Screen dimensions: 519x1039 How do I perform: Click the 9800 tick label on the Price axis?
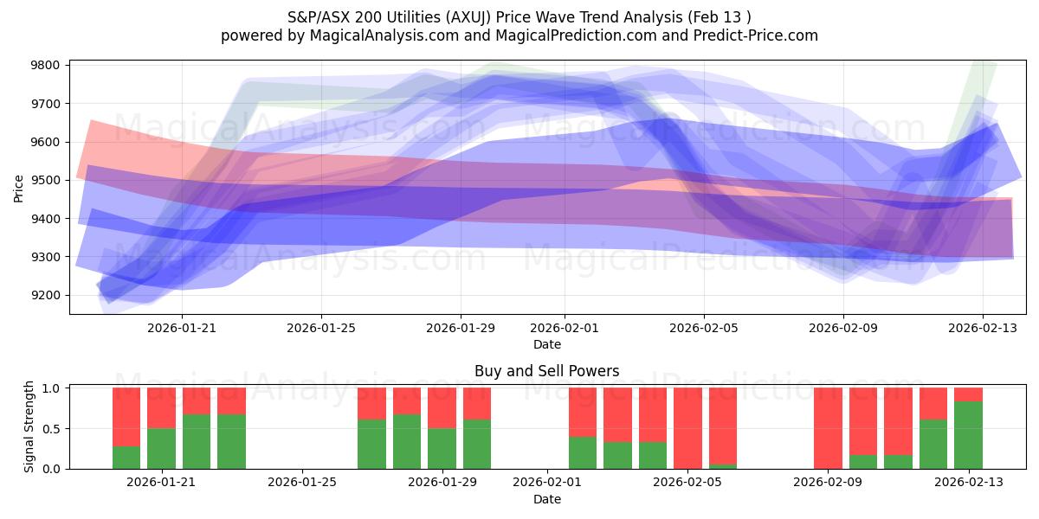point(45,66)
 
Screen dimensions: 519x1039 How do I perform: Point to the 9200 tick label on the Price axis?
point(45,296)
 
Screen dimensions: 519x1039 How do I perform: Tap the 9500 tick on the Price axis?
point(45,181)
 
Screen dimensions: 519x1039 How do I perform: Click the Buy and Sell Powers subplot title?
point(546,371)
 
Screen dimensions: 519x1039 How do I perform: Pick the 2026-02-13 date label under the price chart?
point(983,329)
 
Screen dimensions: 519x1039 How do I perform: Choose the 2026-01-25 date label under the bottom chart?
point(303,483)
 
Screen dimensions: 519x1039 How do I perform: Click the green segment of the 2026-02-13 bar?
point(968,435)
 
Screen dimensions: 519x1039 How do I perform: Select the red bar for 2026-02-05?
point(687,428)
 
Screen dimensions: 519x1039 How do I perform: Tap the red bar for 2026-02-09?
point(828,428)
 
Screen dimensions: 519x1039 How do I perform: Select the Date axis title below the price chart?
point(546,344)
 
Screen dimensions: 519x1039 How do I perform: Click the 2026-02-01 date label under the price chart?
point(565,329)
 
